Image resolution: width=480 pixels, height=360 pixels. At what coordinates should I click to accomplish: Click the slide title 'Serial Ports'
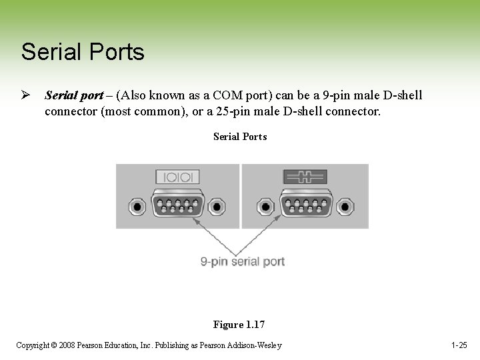click(83, 51)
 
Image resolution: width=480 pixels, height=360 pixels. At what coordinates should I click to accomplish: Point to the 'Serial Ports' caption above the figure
click(240, 137)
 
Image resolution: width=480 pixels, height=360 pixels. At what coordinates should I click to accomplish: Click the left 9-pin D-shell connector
click(177, 205)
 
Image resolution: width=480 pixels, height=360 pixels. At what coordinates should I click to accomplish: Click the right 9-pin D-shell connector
click(306, 205)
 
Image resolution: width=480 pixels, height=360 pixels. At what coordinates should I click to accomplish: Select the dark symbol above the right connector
click(305, 177)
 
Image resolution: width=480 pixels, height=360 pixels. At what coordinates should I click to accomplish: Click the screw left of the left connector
click(137, 206)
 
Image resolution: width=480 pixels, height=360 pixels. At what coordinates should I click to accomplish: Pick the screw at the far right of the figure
click(345, 206)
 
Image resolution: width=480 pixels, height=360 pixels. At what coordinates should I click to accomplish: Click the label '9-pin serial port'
click(243, 261)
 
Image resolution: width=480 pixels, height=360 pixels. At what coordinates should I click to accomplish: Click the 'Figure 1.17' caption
click(239, 325)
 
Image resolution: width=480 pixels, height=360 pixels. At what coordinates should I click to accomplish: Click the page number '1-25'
click(459, 345)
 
